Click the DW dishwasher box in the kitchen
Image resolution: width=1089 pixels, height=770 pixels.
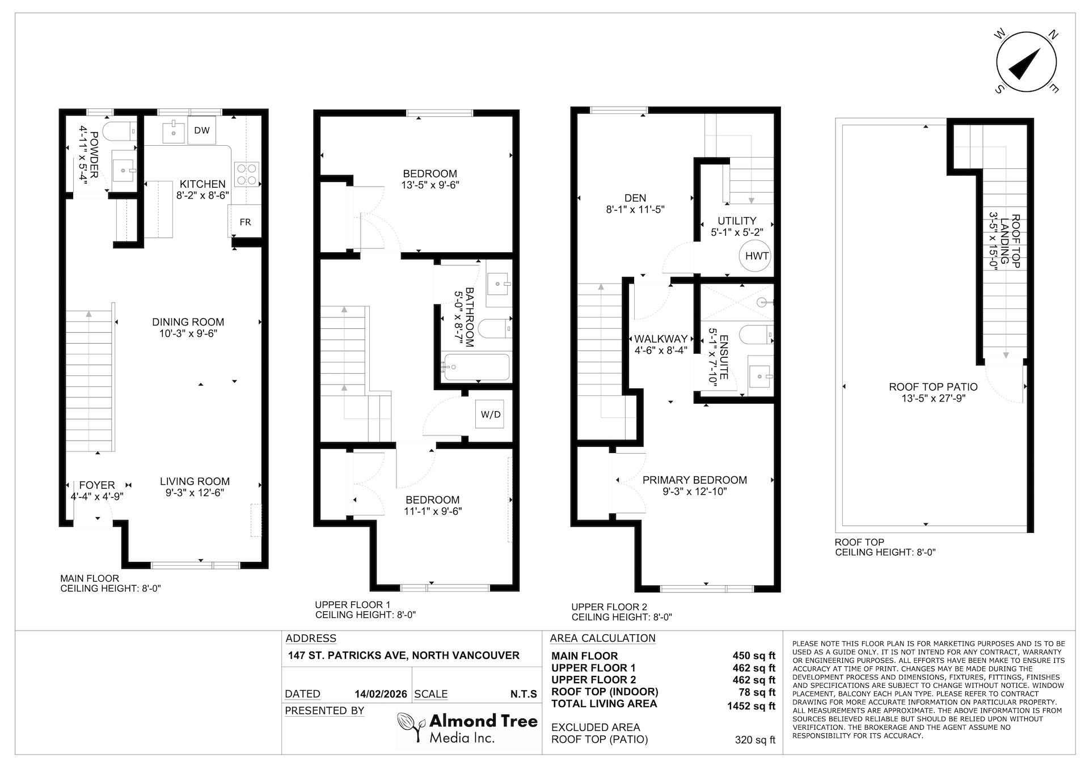[202, 130]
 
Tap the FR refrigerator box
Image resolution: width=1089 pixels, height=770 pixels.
[245, 222]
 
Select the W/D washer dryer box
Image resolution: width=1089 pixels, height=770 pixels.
[491, 414]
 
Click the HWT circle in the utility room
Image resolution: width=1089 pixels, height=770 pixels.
[757, 256]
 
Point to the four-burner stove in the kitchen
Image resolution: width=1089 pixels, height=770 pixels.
[247, 174]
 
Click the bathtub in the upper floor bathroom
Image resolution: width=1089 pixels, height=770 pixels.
[476, 367]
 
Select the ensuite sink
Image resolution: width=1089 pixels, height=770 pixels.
[759, 375]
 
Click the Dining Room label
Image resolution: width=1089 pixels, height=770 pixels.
[188, 322]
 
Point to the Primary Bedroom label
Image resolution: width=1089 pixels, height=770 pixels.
[694, 480]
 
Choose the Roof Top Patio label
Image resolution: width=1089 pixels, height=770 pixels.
[933, 387]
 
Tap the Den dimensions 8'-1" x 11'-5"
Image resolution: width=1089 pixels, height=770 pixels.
[635, 209]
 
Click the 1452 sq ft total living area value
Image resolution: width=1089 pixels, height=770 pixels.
[751, 706]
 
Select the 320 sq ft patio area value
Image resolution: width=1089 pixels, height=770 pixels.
[754, 739]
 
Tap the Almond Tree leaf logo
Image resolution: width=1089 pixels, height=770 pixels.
[411, 727]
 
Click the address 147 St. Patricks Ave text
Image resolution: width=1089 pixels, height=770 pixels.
[403, 655]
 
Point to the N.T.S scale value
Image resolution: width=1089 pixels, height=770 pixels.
[523, 694]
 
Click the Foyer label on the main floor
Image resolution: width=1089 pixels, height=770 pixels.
[97, 485]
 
